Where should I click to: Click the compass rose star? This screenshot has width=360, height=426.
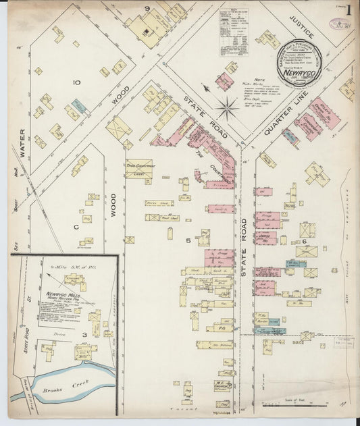pyautogui.click(x=228, y=105)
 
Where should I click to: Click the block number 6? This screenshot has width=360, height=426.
pyautogui.click(x=305, y=241)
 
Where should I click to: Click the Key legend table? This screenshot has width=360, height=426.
pyautogui.click(x=234, y=28)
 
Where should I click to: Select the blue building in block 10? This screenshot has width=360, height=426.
pyautogui.click(x=80, y=105)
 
